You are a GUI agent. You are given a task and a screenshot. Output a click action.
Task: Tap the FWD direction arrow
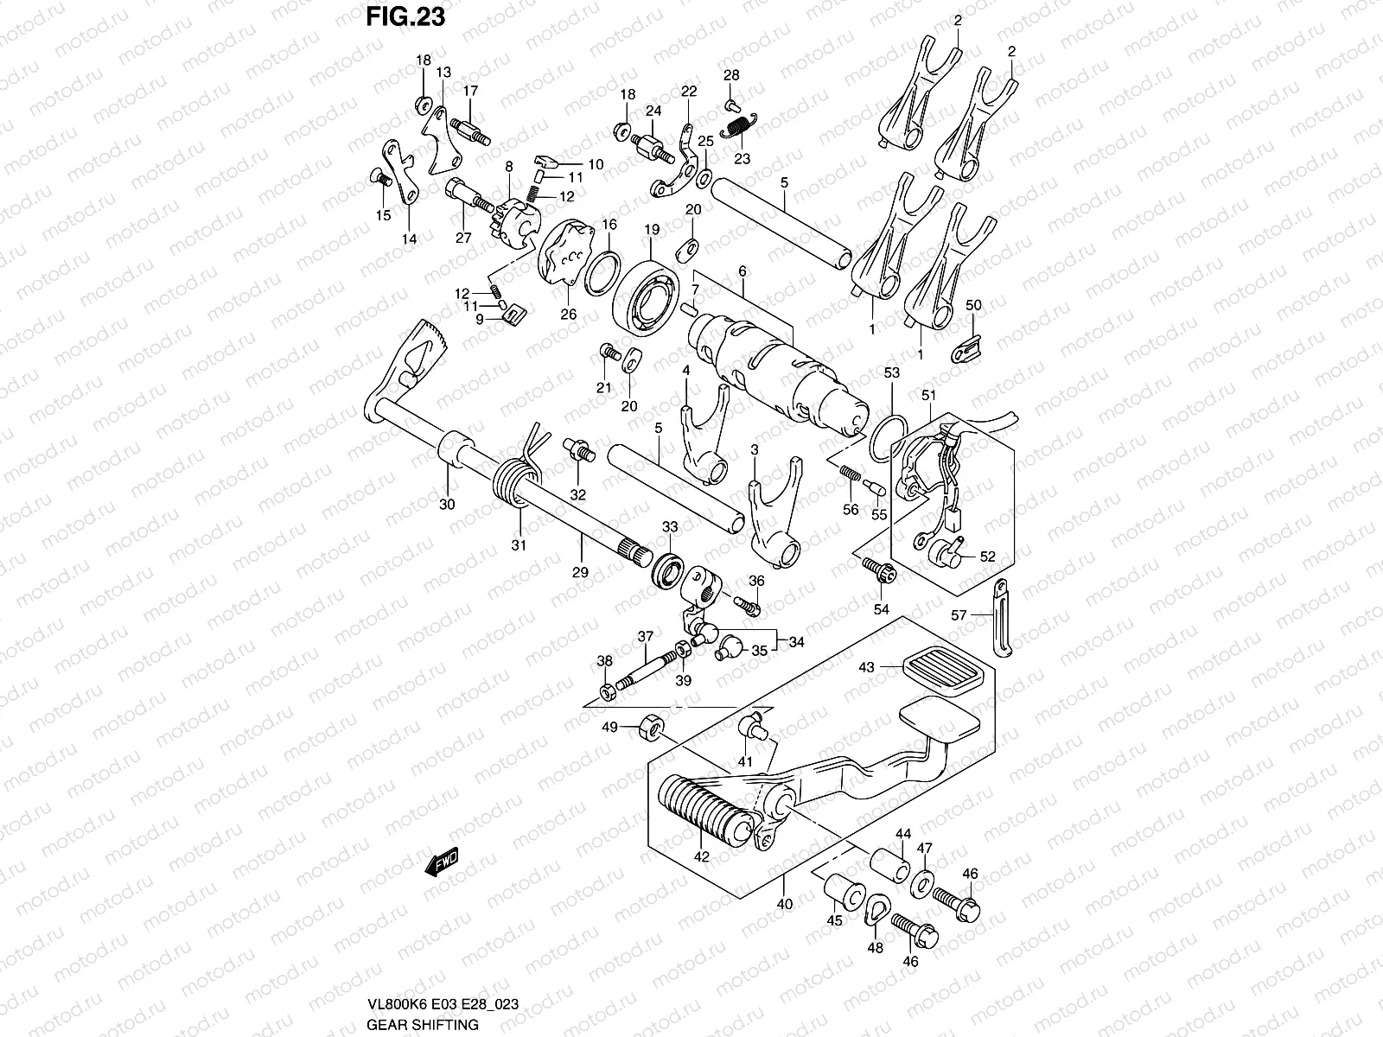point(441,862)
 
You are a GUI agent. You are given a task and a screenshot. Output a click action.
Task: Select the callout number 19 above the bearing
point(652,229)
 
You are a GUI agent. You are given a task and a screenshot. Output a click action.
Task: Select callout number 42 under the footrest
point(701,857)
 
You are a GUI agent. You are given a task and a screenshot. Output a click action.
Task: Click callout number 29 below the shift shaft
point(580,572)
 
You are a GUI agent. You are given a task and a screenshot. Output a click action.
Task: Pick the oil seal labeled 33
point(669,571)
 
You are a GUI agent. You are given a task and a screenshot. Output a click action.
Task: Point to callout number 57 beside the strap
point(958,614)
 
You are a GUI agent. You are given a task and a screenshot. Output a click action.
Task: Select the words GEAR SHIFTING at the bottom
point(423,1025)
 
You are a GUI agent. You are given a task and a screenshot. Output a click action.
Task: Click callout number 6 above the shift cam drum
point(742,271)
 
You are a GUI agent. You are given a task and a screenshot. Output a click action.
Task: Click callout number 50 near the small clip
point(973,305)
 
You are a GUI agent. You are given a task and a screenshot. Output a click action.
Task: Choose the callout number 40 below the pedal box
point(783,905)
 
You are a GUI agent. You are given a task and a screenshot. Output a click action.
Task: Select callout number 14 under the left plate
point(409,239)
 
